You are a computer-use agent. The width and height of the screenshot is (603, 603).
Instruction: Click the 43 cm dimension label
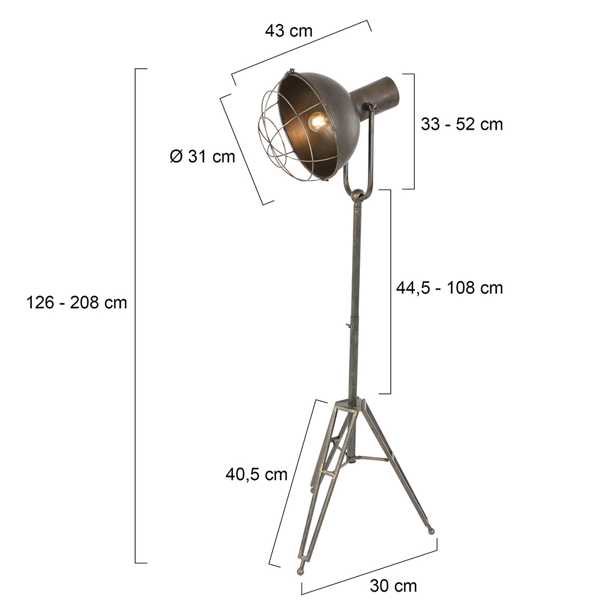pos(288,31)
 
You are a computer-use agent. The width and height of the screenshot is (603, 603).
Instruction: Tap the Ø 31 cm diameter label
pos(202,157)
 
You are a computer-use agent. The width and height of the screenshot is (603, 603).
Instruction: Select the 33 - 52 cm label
pos(462,124)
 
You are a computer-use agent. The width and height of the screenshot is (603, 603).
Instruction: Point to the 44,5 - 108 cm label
pos(450,288)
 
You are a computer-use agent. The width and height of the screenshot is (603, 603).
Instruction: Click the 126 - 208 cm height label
pos(77,303)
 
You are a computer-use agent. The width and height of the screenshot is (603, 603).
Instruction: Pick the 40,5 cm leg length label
pos(256,475)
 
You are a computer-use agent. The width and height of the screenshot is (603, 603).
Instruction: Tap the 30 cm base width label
pos(393,586)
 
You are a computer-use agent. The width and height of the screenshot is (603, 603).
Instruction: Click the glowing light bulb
pos(318,122)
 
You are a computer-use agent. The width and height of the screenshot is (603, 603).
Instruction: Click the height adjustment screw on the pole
pos(350,326)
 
